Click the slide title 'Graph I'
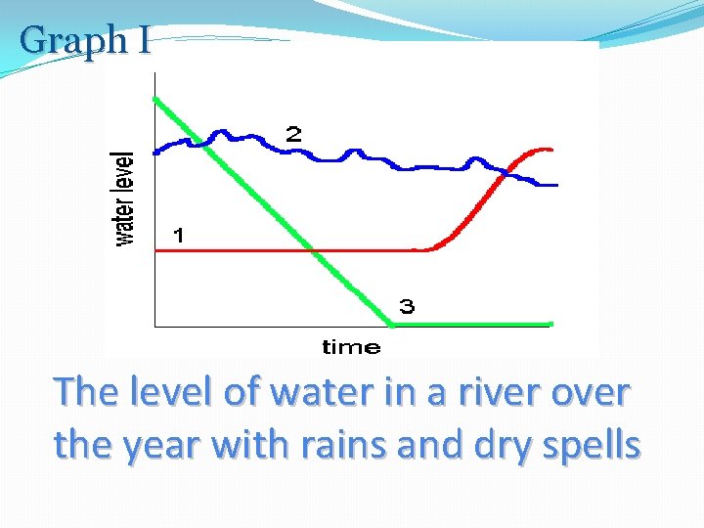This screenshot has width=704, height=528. (x=85, y=40)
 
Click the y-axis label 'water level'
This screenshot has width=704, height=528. (x=125, y=198)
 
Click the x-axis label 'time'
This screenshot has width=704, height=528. (x=350, y=346)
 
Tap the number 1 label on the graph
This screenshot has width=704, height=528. (x=179, y=235)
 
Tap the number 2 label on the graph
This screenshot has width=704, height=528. (x=293, y=135)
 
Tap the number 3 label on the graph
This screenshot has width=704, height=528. (x=406, y=307)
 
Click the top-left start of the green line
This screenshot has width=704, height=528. (x=155, y=99)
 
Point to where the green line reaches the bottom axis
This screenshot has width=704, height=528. (x=391, y=324)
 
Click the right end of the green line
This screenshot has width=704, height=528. (x=551, y=324)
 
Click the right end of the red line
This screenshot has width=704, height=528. (x=551, y=150)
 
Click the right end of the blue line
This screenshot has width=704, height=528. (x=555, y=185)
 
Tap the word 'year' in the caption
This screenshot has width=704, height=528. (x=155, y=446)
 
